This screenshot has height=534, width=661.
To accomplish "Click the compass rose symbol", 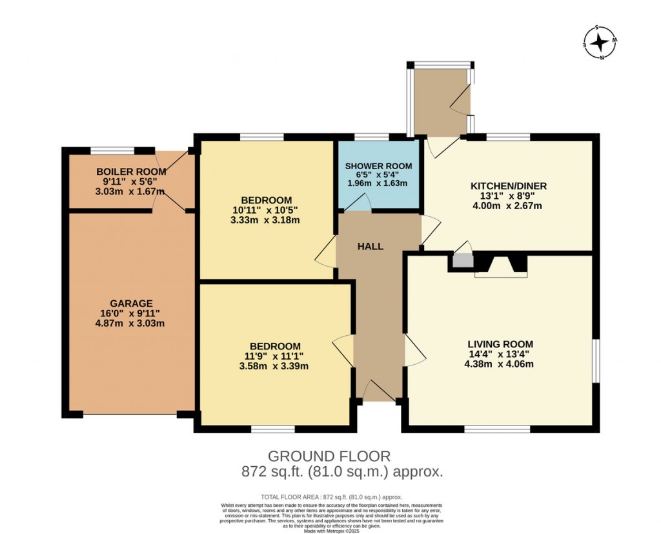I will (600, 43).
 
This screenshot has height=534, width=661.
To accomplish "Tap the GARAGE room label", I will (131, 303).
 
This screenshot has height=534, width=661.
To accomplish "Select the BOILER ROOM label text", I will (131, 172).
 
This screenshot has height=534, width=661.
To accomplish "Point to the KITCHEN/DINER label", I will (509, 186).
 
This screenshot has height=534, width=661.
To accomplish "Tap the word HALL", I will (371, 247).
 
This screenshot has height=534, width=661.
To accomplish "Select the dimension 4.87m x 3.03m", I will (131, 323).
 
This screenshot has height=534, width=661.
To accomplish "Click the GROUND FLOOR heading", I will (329, 457).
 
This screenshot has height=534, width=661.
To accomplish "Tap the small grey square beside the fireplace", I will (462, 260).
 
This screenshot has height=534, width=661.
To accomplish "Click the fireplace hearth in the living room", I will (500, 275).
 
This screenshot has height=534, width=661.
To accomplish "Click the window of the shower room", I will (371, 137).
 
